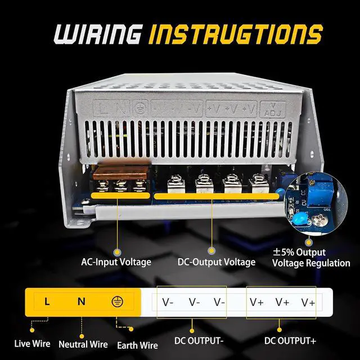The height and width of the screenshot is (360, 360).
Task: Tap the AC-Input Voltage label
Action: pyautogui.click(x=116, y=262)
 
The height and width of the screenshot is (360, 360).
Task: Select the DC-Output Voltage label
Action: pyautogui.click(x=217, y=262)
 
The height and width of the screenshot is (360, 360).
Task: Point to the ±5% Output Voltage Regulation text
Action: pyautogui.click(x=311, y=258)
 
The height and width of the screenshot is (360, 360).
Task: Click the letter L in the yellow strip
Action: pyautogui.click(x=47, y=301)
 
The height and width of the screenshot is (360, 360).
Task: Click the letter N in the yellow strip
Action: pyautogui.click(x=82, y=301)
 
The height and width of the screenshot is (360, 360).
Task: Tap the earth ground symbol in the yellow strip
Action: pyautogui.click(x=118, y=301)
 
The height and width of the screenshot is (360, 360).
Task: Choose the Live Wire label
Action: pyautogui.click(x=32, y=343)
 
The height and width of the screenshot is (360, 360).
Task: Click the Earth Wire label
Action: pyautogui.click(x=137, y=345)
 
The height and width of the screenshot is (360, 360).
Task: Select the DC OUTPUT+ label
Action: pyautogui.click(x=290, y=341)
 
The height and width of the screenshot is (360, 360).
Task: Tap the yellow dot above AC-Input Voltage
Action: pyautogui.click(x=117, y=253)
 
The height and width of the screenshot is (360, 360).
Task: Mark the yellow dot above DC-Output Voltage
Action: pyautogui.click(x=212, y=253)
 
